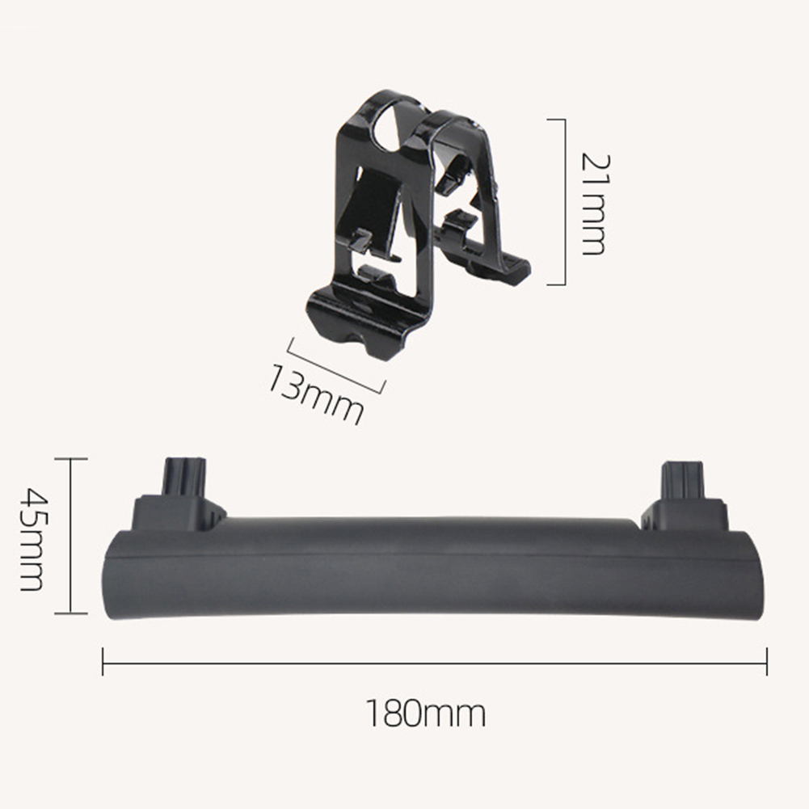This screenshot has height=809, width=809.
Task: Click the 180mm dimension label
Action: click(x=426, y=713)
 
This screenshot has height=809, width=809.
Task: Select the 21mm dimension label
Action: click(x=596, y=204)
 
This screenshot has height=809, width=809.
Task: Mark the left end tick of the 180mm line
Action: click(x=103, y=661)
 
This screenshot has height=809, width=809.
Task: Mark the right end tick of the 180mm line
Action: click(x=767, y=661)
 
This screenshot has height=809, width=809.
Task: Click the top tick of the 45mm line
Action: click(x=71, y=458)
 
